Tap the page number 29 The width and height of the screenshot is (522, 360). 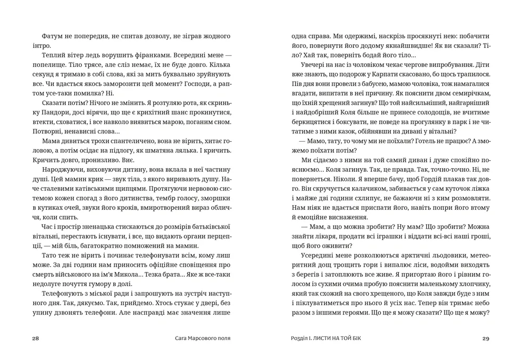pos(486,339)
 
